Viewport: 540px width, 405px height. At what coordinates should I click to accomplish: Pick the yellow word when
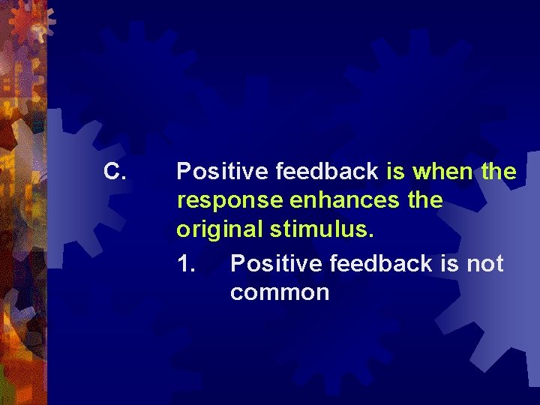coord(443,172)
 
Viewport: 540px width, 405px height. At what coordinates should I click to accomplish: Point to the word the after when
coord(499,172)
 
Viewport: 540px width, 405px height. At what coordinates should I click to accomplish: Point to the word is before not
coord(448,263)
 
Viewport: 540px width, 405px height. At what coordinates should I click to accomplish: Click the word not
coord(485,263)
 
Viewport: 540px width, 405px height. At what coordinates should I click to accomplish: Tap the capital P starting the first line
coord(183,172)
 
